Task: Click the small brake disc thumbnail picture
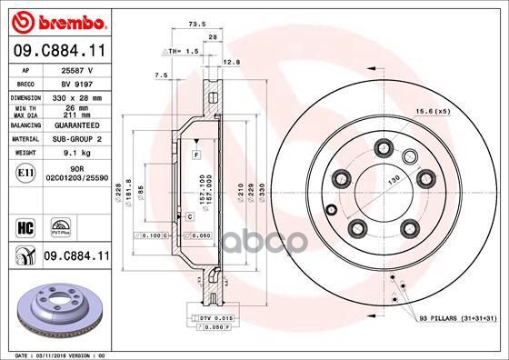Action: point(60,309)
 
